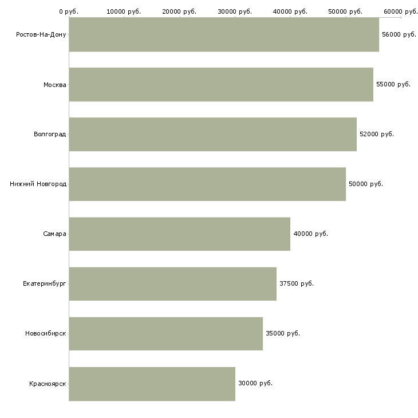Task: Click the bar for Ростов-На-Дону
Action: point(224,34)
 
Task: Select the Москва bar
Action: point(221,84)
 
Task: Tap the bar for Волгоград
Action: point(212,134)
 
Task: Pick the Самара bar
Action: point(179,234)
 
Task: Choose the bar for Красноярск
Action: point(152,384)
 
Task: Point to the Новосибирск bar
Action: point(165,333)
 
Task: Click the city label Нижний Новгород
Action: point(38,184)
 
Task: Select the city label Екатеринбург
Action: point(44,283)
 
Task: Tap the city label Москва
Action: point(54,85)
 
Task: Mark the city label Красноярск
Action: point(48,384)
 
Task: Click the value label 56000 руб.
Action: point(399,34)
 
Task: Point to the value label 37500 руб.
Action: point(297,283)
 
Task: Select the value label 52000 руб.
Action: point(377,134)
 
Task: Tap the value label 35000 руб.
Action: point(283,333)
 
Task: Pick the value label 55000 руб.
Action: point(393,84)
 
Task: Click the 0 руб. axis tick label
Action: point(69,11)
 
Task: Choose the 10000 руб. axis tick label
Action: point(124,11)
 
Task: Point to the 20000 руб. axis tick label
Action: point(179,11)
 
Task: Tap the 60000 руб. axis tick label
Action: point(401,11)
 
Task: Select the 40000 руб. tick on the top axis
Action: point(290,11)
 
